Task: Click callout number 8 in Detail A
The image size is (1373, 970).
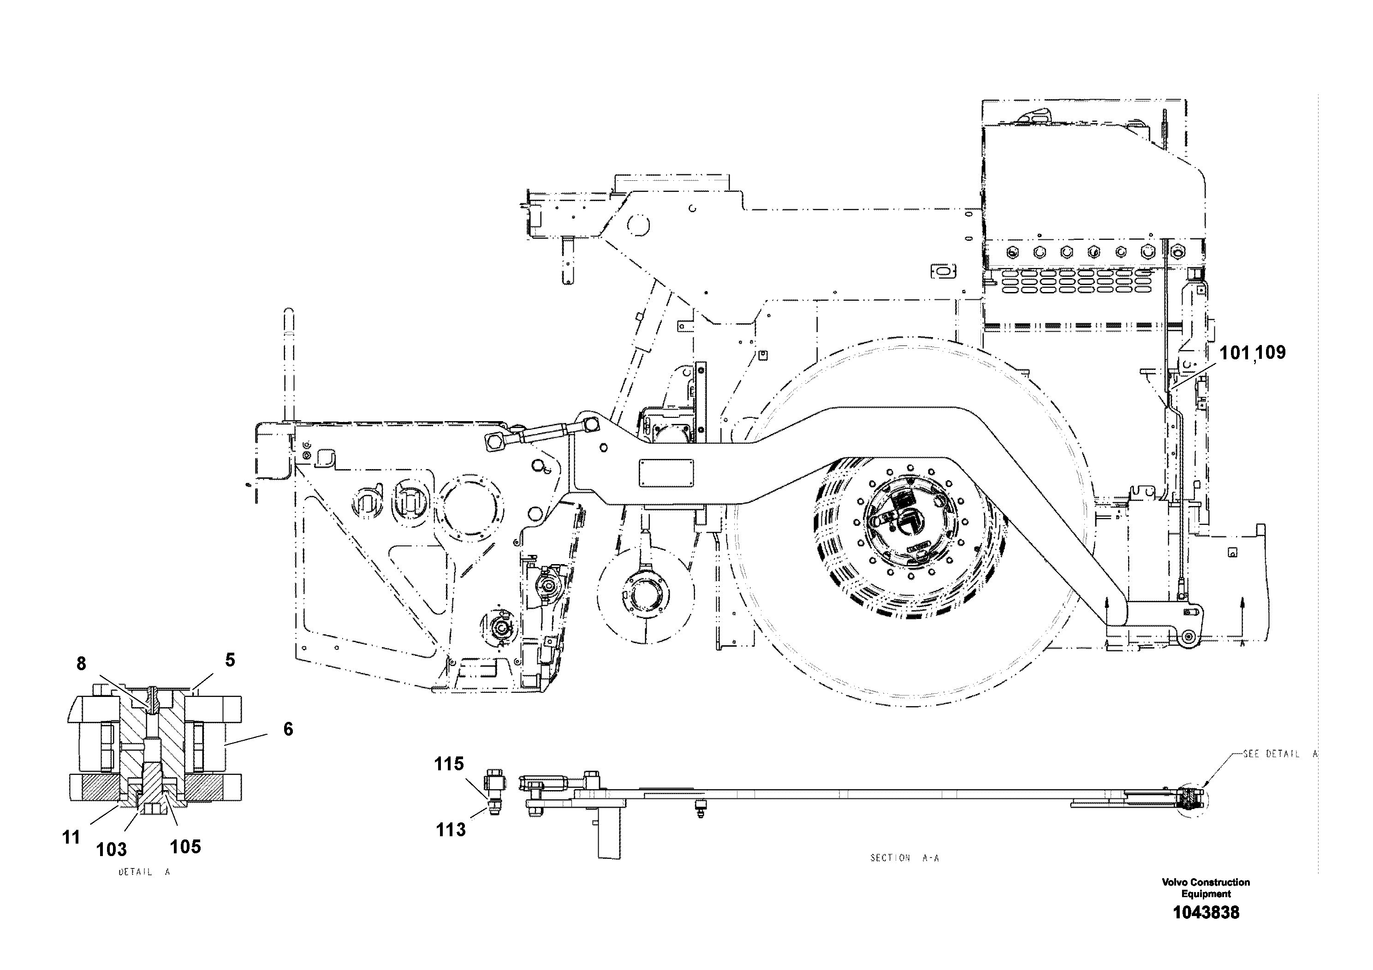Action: pyautogui.click(x=81, y=664)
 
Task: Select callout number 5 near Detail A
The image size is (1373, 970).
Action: pyautogui.click(x=230, y=660)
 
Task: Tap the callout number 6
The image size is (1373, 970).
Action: pyautogui.click(x=288, y=729)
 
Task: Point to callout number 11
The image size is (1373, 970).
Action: pyautogui.click(x=71, y=837)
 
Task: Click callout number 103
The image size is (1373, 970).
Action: pyautogui.click(x=112, y=849)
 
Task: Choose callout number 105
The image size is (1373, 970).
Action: pyautogui.click(x=185, y=846)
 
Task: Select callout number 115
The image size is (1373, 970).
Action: pyautogui.click(x=449, y=764)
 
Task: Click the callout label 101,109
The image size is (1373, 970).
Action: pyautogui.click(x=1252, y=353)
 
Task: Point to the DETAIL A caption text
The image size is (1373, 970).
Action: pyautogui.click(x=144, y=872)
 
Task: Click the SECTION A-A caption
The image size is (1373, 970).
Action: pyautogui.click(x=904, y=857)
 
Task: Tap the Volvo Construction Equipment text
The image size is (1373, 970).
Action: pyautogui.click(x=1206, y=887)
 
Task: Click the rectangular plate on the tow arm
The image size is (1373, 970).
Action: pyautogui.click(x=666, y=473)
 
